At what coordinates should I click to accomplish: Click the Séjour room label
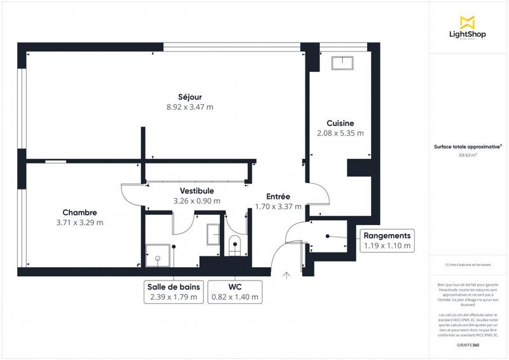coord(190,97)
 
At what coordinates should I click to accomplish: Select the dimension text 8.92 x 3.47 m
coord(190,107)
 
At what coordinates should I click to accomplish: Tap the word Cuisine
coord(340,123)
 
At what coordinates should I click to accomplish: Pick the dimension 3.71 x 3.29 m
coord(79,223)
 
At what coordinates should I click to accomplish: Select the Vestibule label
coord(196,191)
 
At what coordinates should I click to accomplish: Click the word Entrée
coord(277,197)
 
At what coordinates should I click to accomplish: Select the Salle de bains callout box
coord(173,292)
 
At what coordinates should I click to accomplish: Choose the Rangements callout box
coord(387,240)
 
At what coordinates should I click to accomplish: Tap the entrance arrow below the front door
coord(286,275)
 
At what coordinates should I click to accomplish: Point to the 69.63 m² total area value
coord(468,155)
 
